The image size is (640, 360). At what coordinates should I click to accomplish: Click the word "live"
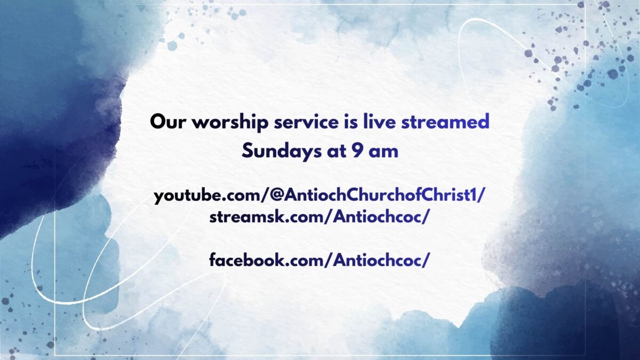coord(379,121)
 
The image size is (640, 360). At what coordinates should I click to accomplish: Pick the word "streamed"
coord(445,121)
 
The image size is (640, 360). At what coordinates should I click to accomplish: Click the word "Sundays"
coord(282,151)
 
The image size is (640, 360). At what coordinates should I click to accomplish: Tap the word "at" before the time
coord(337,151)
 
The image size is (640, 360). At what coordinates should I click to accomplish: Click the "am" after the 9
coord(383,153)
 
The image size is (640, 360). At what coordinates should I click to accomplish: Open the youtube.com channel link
coord(319,196)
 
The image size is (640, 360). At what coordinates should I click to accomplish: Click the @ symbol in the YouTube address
coord(276,195)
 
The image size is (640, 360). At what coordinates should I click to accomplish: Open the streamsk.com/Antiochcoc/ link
coord(319,217)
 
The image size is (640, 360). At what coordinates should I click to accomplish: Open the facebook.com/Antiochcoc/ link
coord(319,260)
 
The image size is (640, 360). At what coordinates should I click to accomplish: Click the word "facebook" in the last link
coord(246,260)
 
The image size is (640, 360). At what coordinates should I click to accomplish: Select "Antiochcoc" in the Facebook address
coord(377,260)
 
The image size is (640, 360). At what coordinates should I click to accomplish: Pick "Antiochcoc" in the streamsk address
coord(377,217)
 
